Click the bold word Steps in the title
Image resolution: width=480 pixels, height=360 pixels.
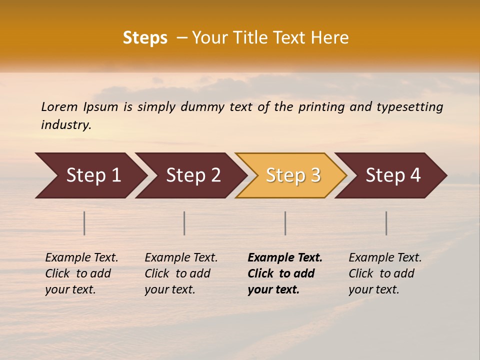pyautogui.click(x=145, y=38)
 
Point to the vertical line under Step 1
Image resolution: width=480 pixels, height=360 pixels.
pyautogui.click(x=84, y=223)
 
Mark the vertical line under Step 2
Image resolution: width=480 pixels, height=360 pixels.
pyautogui.click(x=184, y=223)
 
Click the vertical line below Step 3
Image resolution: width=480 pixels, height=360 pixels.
pyautogui.click(x=285, y=223)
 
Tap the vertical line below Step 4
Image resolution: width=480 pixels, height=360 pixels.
pyautogui.click(x=386, y=223)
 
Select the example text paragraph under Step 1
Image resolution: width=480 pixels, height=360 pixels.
pyautogui.click(x=81, y=273)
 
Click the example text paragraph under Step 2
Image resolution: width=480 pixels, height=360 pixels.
pyautogui.click(x=181, y=273)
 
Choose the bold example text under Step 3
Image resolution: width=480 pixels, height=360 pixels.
pyautogui.click(x=284, y=273)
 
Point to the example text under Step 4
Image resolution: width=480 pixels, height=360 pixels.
pyautogui.click(x=385, y=273)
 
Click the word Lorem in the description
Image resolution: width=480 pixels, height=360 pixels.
pyautogui.click(x=59, y=107)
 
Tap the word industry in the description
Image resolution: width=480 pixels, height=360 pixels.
pyautogui.click(x=66, y=124)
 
